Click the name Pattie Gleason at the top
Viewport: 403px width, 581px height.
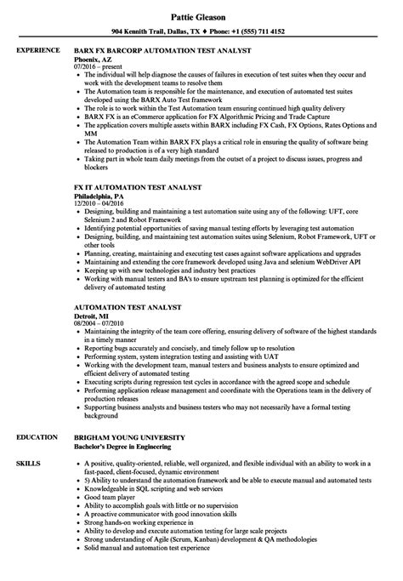coord(201,14)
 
